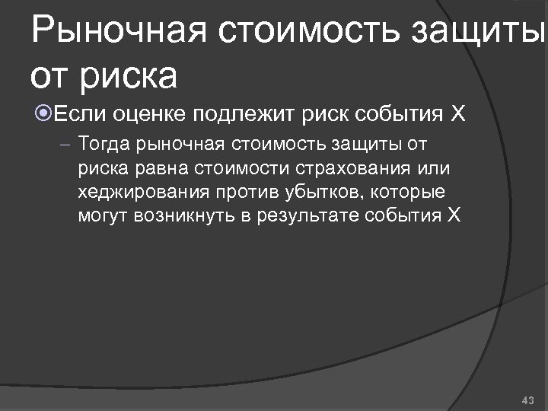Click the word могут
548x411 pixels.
coord(102,215)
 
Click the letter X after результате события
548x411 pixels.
coord(454,215)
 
